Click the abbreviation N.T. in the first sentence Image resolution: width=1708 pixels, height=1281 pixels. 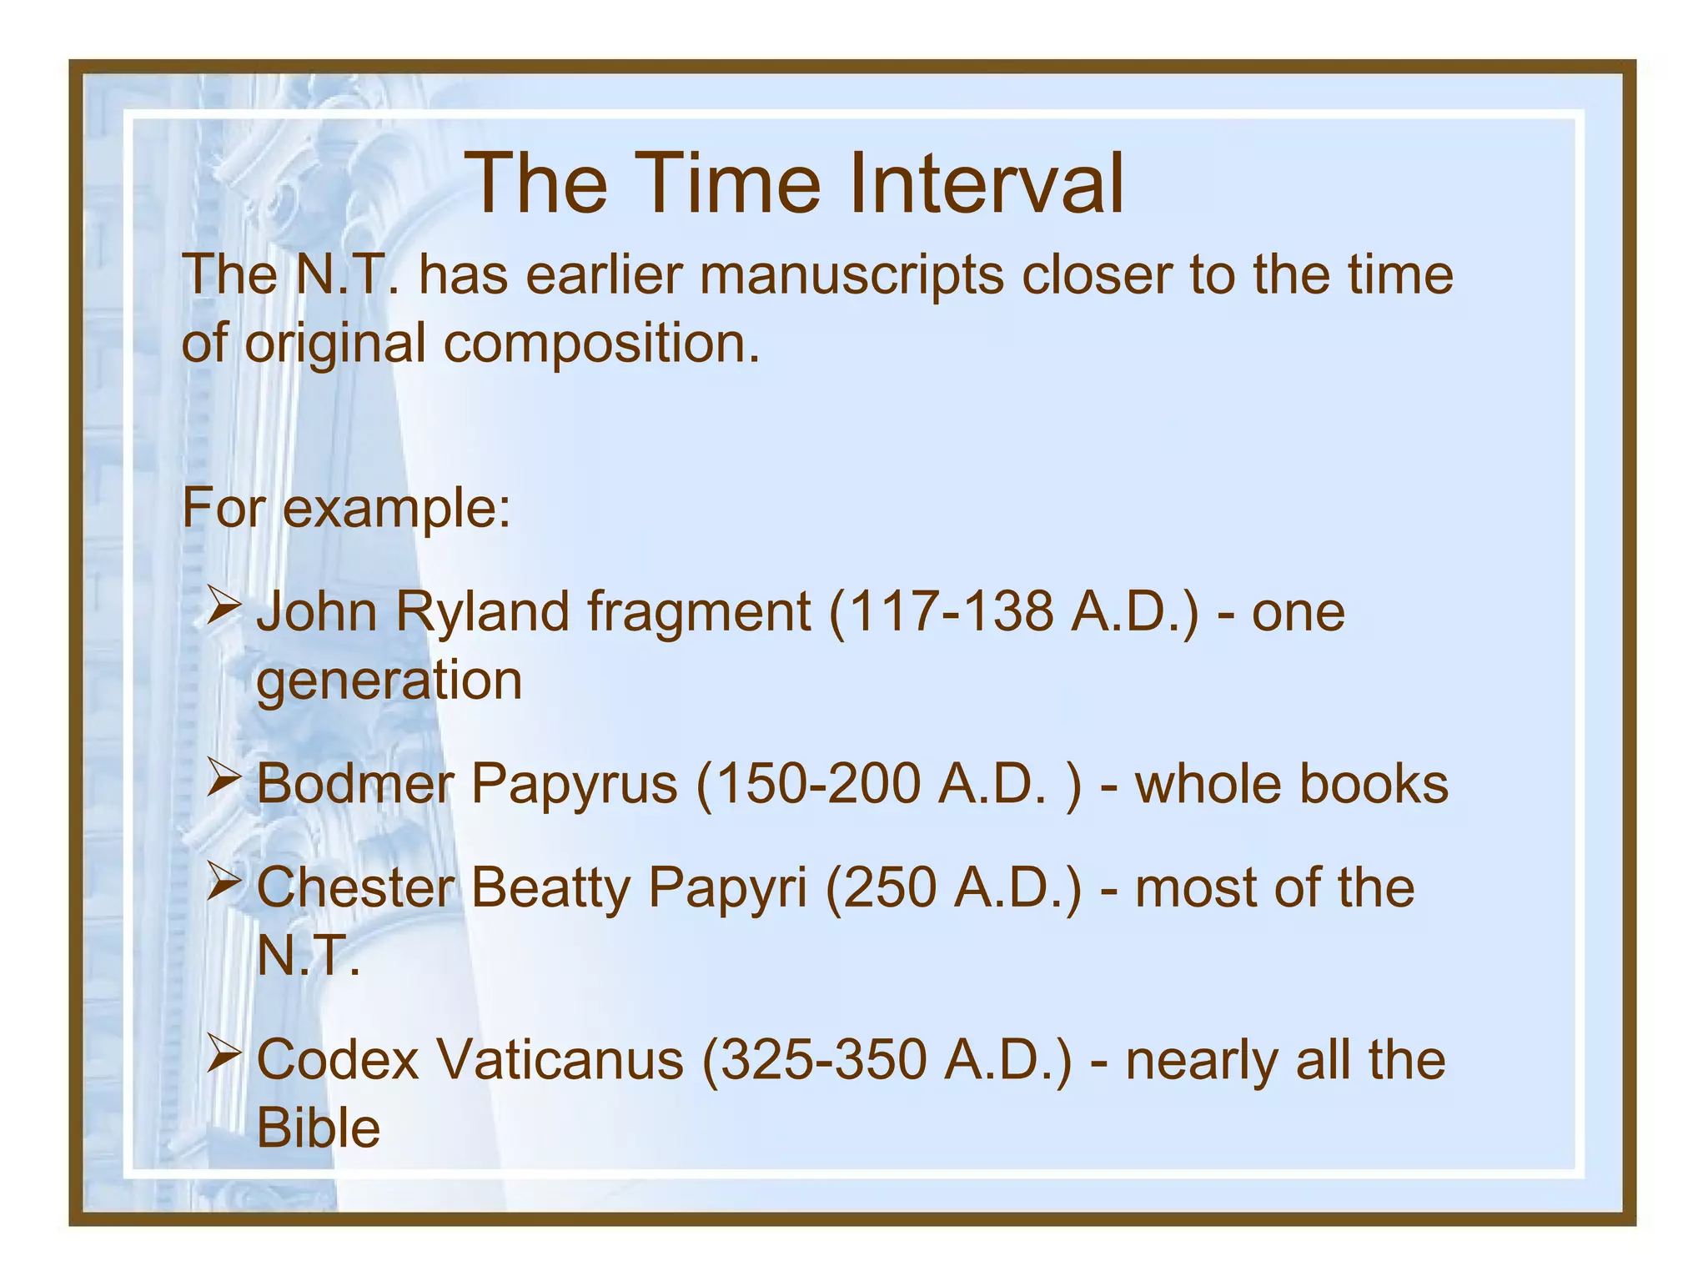coord(347,274)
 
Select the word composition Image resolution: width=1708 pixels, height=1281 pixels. coord(600,344)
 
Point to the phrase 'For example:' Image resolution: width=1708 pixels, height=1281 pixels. coord(346,507)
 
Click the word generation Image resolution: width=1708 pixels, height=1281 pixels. coord(389,681)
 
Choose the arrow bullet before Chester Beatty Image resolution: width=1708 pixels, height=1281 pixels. coord(224,881)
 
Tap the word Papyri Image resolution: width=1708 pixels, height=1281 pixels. coord(727,888)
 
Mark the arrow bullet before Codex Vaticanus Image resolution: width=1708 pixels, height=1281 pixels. coord(224,1052)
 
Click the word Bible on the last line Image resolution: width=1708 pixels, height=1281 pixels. coord(318,1128)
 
